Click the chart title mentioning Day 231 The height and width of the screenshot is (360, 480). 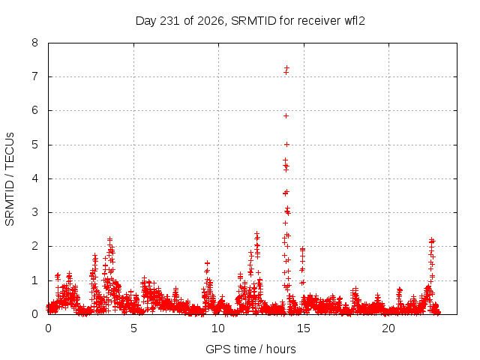pos(250,21)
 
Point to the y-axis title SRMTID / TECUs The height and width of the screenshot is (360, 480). pos(10,179)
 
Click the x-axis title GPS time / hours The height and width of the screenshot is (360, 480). pos(250,349)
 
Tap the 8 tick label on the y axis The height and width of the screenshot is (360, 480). pos(34,43)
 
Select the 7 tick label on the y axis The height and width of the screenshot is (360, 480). pos(34,76)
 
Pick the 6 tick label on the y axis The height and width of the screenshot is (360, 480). pos(34,110)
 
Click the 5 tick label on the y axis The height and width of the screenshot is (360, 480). pos(34,145)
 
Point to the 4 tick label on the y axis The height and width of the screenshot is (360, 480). pos(34,178)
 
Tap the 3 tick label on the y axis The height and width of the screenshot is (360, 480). pos(34,212)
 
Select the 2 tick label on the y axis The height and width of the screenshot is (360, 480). pos(34,246)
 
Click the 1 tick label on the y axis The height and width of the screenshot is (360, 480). pos(34,280)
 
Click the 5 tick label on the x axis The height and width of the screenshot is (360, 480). pos(133,328)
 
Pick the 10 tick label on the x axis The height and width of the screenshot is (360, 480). pos(218,328)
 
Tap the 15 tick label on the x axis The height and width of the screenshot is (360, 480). pos(303,328)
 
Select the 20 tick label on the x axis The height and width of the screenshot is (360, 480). pos(388,328)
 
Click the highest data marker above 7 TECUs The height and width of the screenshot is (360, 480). pos(286,68)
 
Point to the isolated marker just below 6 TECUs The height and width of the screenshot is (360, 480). pos(286,115)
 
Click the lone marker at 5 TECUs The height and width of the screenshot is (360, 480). pos(286,144)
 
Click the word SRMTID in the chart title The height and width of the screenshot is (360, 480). pos(253,21)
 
